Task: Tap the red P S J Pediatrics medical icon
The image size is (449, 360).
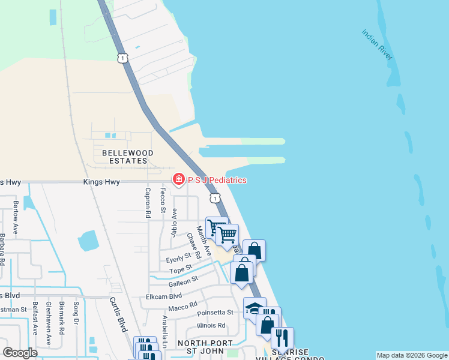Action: coord(178,179)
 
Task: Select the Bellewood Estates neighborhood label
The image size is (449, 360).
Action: coord(127,157)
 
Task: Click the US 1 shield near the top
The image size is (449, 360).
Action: coord(122,58)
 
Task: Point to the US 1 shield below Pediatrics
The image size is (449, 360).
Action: coord(214,197)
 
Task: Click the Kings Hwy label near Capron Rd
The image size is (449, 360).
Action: coord(103,182)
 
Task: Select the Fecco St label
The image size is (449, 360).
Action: coord(163,200)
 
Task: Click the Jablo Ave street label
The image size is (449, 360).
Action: coord(175,222)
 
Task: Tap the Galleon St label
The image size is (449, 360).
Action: coord(186,281)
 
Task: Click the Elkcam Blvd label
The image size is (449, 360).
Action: coord(164,296)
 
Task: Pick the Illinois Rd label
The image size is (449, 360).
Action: coord(211,326)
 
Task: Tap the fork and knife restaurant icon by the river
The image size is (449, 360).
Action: coord(282,338)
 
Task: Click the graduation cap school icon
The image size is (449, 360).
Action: coord(254,308)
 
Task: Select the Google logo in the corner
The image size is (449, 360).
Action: coord(20,353)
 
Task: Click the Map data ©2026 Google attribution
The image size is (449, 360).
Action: coord(411,355)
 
